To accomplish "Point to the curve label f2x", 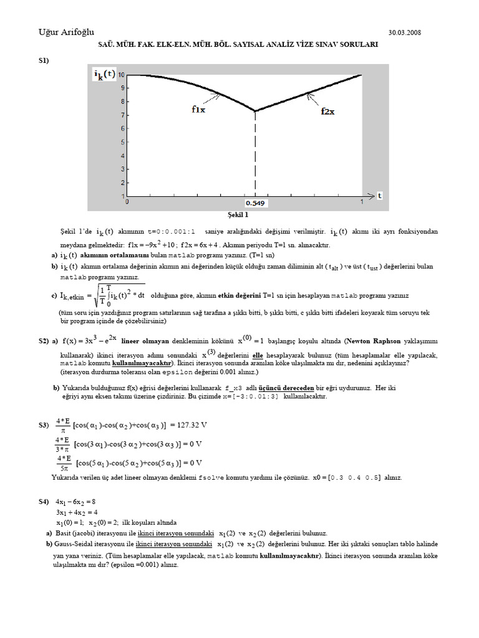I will pos(327,112).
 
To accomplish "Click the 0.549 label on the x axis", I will pos(254,203).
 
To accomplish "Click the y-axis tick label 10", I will pos(121,75).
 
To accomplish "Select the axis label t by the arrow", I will pos(379,196).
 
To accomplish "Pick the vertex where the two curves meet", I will pos(255,111).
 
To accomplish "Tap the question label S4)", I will pos(44,501).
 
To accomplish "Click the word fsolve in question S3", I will pos(208,477).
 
